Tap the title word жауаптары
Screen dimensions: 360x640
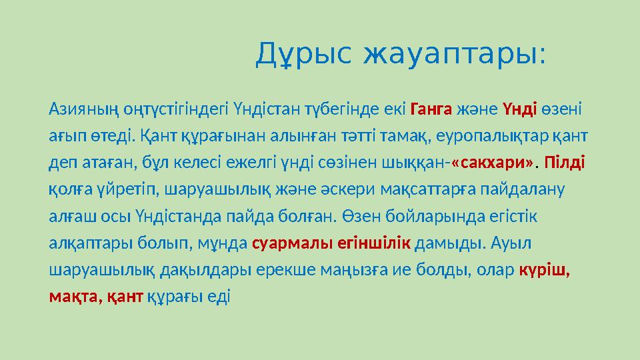tap(454, 54)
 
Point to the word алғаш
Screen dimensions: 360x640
tap(69, 217)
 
